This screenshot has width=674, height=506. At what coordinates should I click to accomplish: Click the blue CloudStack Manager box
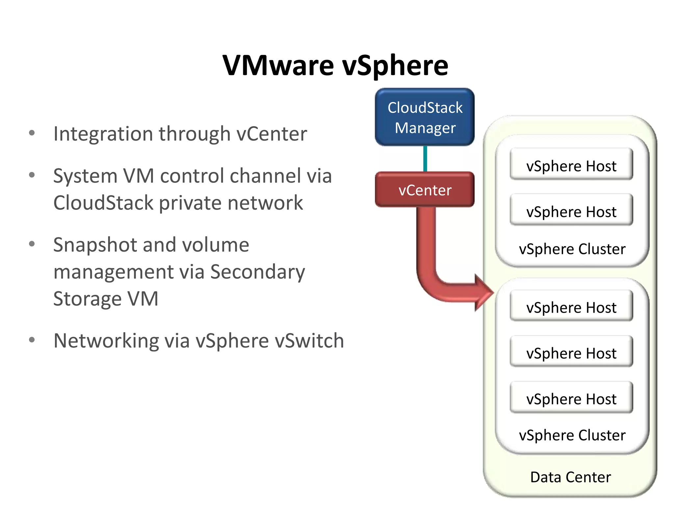(x=425, y=117)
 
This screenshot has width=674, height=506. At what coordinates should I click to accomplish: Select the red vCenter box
(x=425, y=189)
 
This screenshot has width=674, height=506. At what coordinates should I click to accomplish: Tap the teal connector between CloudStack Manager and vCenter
(x=425, y=159)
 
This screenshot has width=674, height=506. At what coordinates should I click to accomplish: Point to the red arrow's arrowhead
(x=484, y=293)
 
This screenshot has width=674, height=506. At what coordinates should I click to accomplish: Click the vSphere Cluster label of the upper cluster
(x=572, y=249)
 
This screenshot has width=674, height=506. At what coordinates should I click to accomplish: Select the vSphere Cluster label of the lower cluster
(x=572, y=435)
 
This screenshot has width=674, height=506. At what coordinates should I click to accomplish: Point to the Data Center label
(x=570, y=477)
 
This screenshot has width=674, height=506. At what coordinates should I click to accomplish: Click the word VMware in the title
(x=278, y=65)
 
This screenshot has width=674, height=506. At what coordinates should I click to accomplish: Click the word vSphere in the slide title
(x=395, y=65)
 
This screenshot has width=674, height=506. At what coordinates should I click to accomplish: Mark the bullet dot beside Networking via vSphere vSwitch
(x=32, y=340)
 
